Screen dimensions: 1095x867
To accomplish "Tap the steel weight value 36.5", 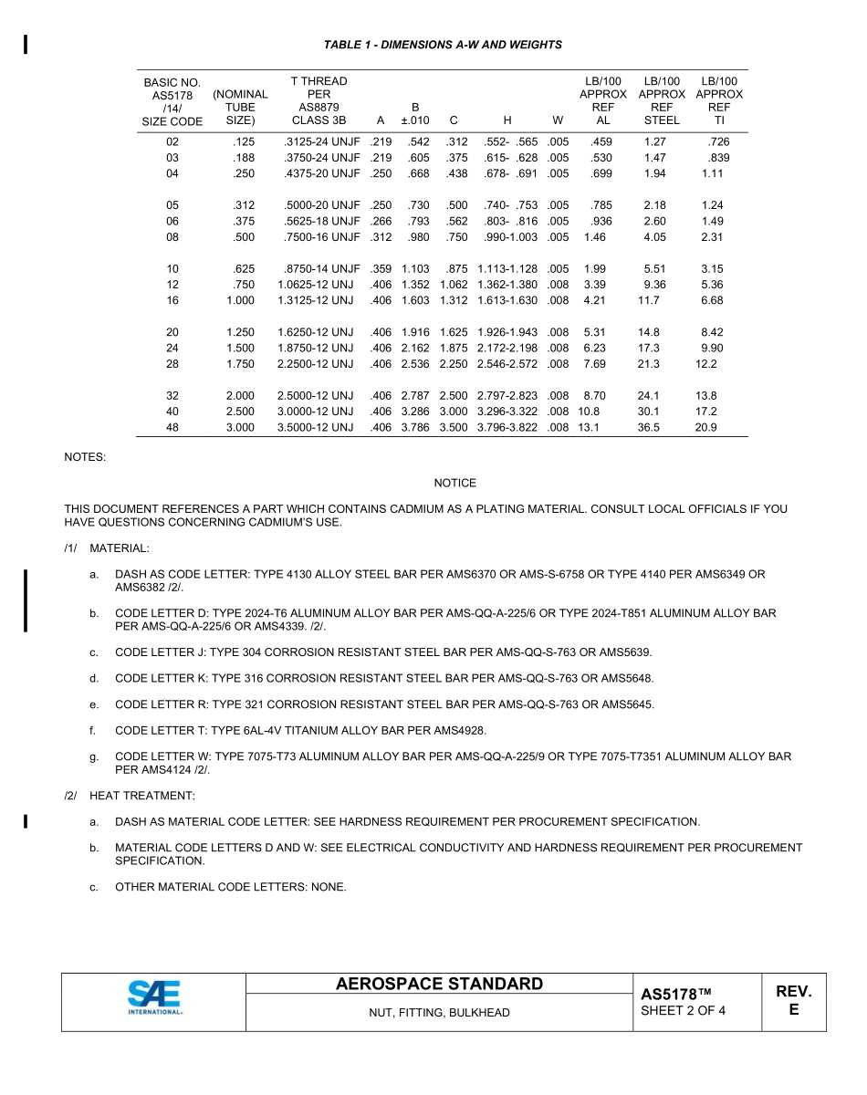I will (x=649, y=427).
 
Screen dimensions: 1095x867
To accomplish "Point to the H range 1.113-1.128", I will (x=507, y=268).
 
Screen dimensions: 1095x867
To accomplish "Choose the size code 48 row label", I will (x=172, y=427).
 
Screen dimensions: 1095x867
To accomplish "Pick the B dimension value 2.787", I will (x=414, y=395).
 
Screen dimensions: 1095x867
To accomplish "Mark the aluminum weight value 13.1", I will (x=589, y=427).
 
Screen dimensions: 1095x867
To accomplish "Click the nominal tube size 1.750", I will (x=240, y=363).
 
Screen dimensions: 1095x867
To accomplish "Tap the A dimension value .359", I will (x=380, y=268).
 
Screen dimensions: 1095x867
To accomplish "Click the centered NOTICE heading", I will (x=454, y=483).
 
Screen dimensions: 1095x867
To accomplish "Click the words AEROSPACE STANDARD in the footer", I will (x=439, y=984).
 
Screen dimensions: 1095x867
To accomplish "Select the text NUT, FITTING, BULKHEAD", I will (x=439, y=1013).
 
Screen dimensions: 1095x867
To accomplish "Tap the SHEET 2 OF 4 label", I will (x=683, y=1010).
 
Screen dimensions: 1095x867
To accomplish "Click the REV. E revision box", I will (x=793, y=1001).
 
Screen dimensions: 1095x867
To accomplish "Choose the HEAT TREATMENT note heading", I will (x=142, y=796).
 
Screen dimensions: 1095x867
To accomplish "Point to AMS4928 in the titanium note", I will (x=462, y=730).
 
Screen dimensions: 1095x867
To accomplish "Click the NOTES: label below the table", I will (x=85, y=456).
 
